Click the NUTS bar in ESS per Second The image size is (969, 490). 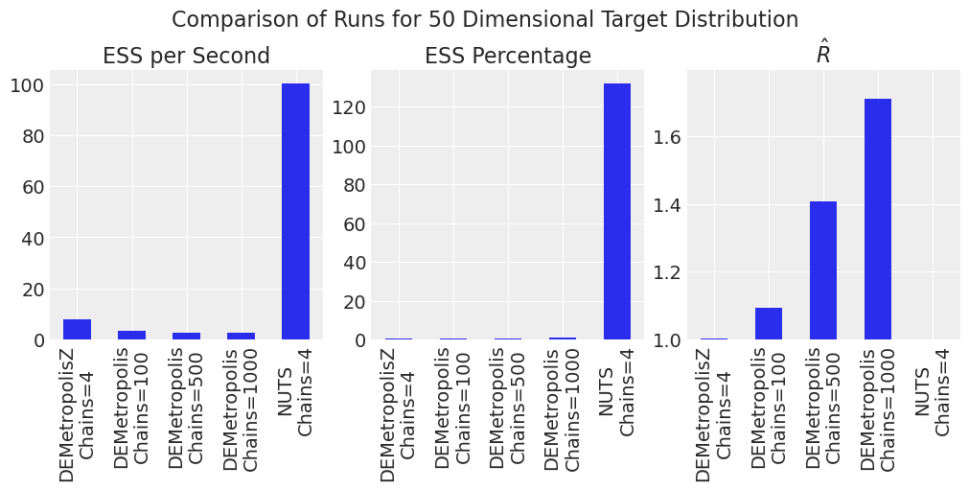[x=295, y=212]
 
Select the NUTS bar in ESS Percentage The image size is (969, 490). [x=617, y=212]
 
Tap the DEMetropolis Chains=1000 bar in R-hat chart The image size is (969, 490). [x=878, y=220]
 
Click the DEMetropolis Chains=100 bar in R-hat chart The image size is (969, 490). [x=769, y=323]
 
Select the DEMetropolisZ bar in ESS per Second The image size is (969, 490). [x=77, y=330]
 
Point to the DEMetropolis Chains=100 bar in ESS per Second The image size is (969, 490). [x=131, y=335]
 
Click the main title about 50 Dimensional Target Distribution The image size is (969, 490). [x=484, y=19]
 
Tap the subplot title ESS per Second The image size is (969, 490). [x=186, y=56]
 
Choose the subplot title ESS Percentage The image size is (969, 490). [x=508, y=56]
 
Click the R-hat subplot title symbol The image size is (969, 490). [x=823, y=55]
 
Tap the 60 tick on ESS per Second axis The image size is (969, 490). [x=32, y=187]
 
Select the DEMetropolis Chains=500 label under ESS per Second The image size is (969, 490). [x=186, y=408]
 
